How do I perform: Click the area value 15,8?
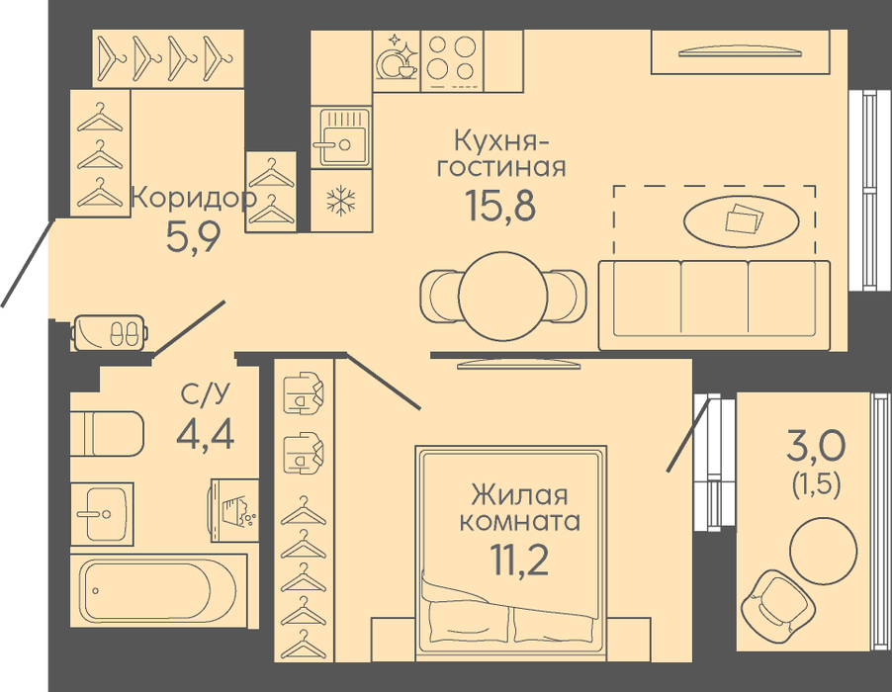point(500,205)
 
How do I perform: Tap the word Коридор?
point(194,199)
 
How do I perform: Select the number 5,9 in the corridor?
point(193,236)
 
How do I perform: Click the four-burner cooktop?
point(452,61)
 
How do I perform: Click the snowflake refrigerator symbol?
point(341,200)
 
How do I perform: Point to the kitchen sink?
point(341,136)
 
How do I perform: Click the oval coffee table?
point(742,221)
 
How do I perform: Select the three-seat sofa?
point(715,305)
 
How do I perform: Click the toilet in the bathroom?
point(107,433)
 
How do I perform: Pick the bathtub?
point(159,591)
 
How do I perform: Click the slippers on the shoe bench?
point(124,333)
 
